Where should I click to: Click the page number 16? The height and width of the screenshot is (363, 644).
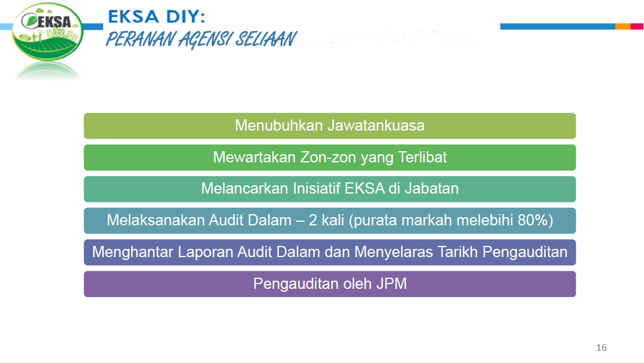tap(601, 348)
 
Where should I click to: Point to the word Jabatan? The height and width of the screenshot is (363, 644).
tap(435, 189)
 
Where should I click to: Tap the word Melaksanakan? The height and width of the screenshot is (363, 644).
tap(156, 221)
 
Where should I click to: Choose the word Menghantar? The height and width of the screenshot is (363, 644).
tap(134, 252)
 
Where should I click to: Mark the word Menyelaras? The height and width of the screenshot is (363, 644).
tap(394, 252)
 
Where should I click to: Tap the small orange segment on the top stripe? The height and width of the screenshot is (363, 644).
tap(623, 26)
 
